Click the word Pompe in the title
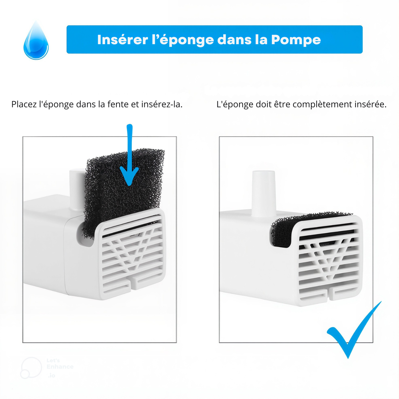pyautogui.click(x=296, y=40)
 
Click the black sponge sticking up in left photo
pyautogui.click(x=121, y=188)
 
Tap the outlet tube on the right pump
pyautogui.click(x=264, y=193)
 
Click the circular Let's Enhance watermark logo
pyautogui.click(x=31, y=368)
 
